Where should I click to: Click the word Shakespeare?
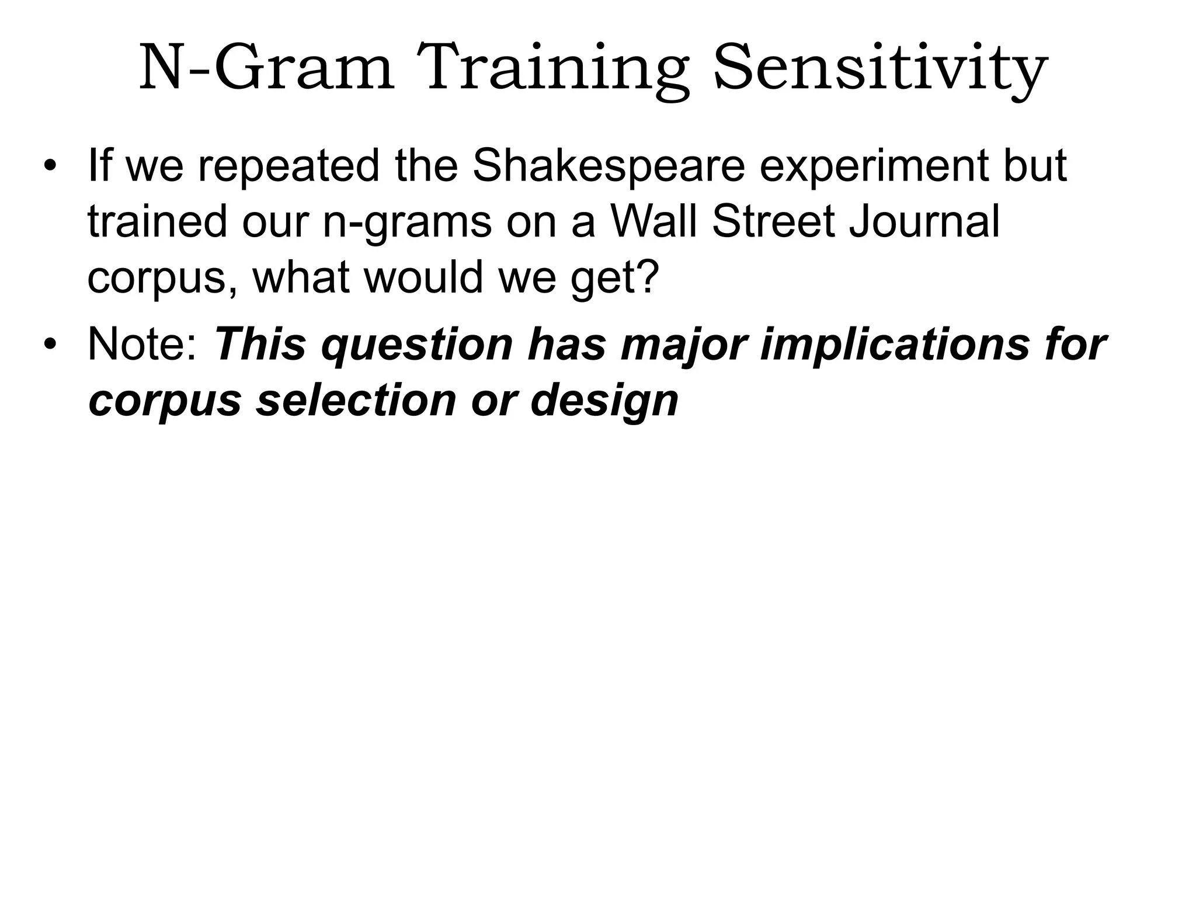[x=609, y=166]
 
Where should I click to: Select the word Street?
[x=774, y=221]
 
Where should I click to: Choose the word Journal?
[x=924, y=221]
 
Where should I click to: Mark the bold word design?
[x=604, y=402]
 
